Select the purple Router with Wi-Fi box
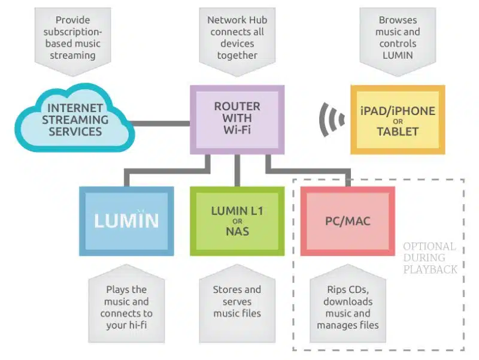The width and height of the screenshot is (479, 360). pos(237,119)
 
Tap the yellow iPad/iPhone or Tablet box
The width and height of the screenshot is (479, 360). pos(398,119)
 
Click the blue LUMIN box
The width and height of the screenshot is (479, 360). pos(126,221)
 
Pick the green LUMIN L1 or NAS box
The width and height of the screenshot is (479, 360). pos(237,221)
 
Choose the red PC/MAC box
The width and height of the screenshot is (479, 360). pos(348,221)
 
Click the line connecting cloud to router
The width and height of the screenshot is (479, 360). pos(161,123)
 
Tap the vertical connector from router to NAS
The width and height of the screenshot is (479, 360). pos(237,170)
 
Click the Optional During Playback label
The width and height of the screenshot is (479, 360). pos(430,258)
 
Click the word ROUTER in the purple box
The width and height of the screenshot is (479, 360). pos(237,107)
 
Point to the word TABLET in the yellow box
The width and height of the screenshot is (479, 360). pos(398,131)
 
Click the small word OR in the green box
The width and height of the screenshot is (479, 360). pos(237,221)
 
